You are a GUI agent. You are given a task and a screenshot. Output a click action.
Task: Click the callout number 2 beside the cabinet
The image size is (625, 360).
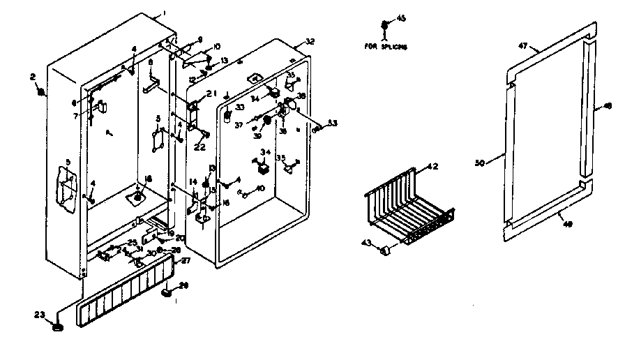(33, 77)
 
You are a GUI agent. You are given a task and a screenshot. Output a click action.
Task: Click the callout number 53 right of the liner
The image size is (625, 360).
(331, 123)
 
